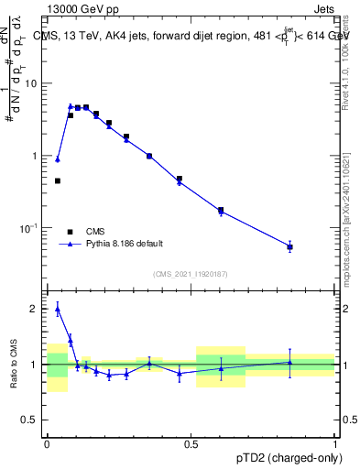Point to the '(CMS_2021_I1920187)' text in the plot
[191, 274]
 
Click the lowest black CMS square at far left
[58, 181]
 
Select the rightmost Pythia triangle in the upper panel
[289, 246]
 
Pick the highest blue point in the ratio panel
[58, 310]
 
